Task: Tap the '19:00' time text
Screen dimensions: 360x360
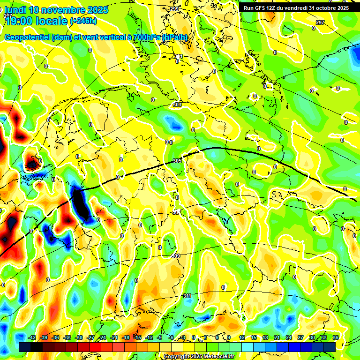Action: click(19, 21)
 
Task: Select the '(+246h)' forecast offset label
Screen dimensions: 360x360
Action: click(83, 21)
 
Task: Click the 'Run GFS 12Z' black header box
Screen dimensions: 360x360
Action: click(296, 8)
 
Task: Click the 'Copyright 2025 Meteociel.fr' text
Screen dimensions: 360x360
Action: click(199, 357)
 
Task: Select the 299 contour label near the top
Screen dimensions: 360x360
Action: click(174, 9)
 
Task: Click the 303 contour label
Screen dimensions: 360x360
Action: click(177, 105)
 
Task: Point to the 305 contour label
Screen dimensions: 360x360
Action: click(177, 161)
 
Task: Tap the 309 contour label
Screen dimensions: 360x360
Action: click(176, 256)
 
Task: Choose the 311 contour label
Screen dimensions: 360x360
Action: click(187, 296)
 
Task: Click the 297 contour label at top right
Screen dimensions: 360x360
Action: click(320, 22)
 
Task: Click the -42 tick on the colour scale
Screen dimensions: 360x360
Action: click(32, 337)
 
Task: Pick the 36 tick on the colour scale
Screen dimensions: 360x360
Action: click(335, 337)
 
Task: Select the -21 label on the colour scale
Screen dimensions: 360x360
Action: click(114, 337)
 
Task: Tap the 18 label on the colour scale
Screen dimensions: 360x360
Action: click(265, 337)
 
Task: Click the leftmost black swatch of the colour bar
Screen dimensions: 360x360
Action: click(25, 347)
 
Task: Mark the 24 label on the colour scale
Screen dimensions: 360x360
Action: click(288, 337)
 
